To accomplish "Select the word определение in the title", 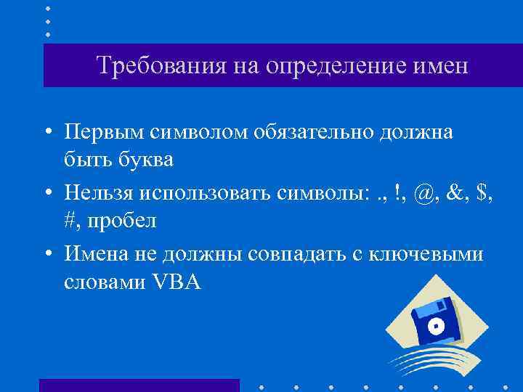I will [x=329, y=66].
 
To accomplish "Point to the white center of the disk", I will [x=437, y=327].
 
